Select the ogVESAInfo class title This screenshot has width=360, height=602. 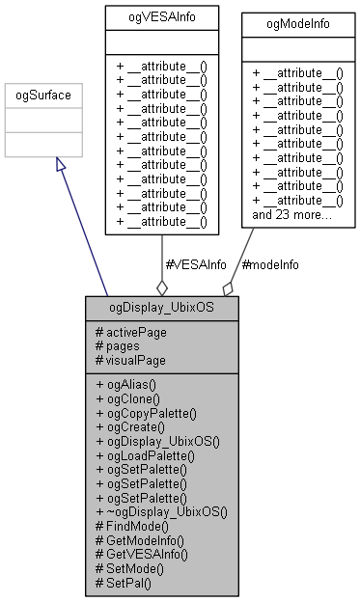[x=161, y=16]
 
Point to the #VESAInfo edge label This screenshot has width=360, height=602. [x=198, y=263]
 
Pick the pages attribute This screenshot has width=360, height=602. [x=119, y=345]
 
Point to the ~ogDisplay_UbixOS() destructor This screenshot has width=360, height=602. [x=160, y=511]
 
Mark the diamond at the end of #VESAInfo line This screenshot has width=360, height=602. [x=161, y=287]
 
